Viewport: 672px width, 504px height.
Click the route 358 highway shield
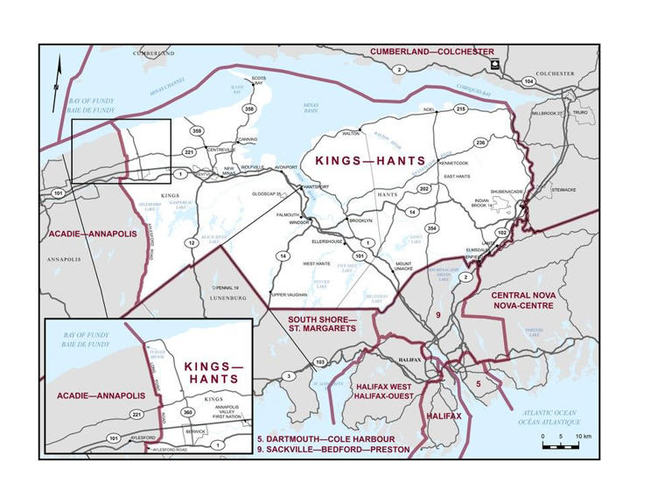click(x=249, y=109)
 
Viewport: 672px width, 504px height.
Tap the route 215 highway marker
click(x=460, y=108)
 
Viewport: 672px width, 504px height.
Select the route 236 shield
click(x=480, y=142)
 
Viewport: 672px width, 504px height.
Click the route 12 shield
click(x=192, y=242)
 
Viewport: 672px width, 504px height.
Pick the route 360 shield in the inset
click(x=186, y=411)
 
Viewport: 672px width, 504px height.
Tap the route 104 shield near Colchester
click(x=528, y=80)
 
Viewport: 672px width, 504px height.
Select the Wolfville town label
click(x=252, y=166)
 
